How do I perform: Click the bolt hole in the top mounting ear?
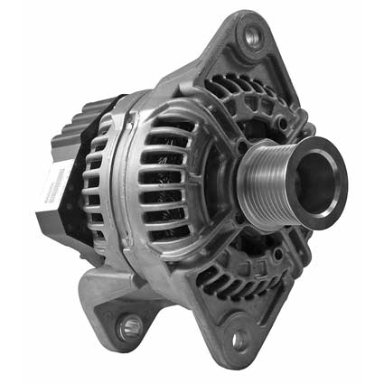tap(252, 39)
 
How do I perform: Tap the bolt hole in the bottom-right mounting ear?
tap(239, 341)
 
